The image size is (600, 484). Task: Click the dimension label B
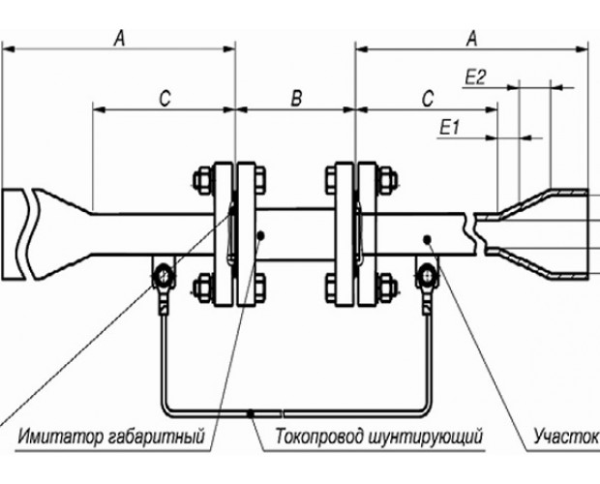click(x=296, y=98)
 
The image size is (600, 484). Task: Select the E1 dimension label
click(x=450, y=128)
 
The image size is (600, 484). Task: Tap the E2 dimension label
click(x=475, y=77)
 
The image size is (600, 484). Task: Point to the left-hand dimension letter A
click(x=119, y=39)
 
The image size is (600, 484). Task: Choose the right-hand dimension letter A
click(x=472, y=39)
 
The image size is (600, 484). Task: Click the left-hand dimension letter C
click(x=165, y=99)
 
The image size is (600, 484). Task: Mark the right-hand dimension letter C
click(x=428, y=99)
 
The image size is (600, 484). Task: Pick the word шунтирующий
click(x=426, y=437)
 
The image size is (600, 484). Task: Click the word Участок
click(x=566, y=437)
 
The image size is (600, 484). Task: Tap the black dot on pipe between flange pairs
click(x=261, y=235)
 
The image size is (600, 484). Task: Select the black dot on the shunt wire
click(x=251, y=413)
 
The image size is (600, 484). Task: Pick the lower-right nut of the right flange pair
click(x=387, y=287)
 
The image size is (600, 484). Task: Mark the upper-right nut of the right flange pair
click(x=387, y=180)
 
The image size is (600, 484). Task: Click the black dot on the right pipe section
click(x=428, y=239)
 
